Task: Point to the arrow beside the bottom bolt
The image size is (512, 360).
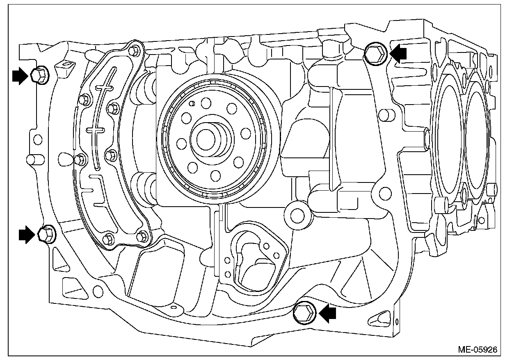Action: (328, 314)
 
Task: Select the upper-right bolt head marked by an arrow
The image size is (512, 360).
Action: (375, 53)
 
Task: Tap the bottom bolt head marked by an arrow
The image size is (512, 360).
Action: (304, 312)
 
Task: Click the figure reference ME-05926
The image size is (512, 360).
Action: (478, 349)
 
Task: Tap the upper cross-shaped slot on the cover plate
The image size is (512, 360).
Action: (105, 87)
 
